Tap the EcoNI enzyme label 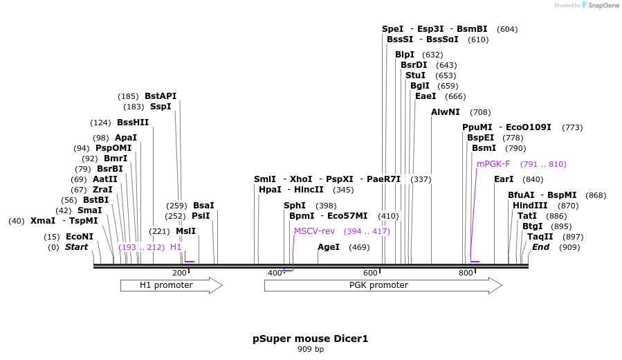(x=80, y=237)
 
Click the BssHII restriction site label (x=133, y=123)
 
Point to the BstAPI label (x=161, y=96)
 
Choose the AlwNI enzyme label (x=446, y=112)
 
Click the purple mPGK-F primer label (x=493, y=164)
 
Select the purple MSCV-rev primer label (x=315, y=231)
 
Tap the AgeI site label (x=329, y=247)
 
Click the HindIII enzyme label (x=530, y=206)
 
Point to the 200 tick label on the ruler (x=180, y=273)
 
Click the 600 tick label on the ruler (x=371, y=273)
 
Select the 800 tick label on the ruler (x=466, y=273)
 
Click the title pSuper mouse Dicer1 (x=311, y=339)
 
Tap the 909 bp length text (x=311, y=350)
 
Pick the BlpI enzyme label (x=405, y=55)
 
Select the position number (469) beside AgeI (x=359, y=247)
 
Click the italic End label (x=540, y=247)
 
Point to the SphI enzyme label (x=295, y=206)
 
